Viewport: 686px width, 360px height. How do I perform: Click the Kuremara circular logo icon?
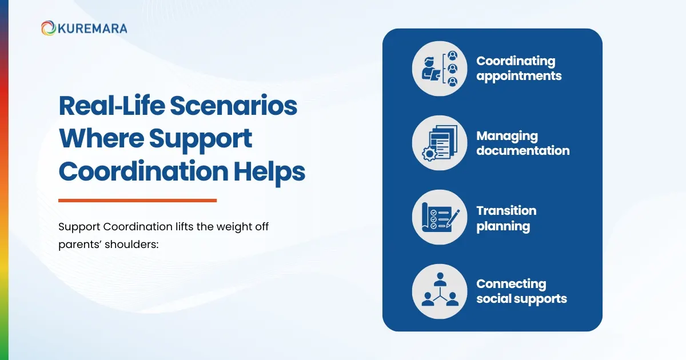point(48,28)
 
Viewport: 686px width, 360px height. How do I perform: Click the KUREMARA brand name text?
point(92,28)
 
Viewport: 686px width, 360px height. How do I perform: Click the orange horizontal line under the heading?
point(137,200)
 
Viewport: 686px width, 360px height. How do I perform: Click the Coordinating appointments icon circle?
point(439,69)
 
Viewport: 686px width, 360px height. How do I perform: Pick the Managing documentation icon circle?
point(439,143)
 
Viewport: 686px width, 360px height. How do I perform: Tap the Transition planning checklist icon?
point(439,218)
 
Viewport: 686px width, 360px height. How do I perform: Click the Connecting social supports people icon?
point(439,291)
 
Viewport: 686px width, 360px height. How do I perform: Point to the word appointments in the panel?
point(519,76)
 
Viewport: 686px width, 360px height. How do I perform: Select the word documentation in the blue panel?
point(523,151)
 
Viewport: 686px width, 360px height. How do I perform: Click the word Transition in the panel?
point(506,211)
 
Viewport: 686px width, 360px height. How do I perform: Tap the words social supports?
point(521,299)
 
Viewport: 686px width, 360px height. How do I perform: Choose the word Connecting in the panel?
point(511,284)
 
